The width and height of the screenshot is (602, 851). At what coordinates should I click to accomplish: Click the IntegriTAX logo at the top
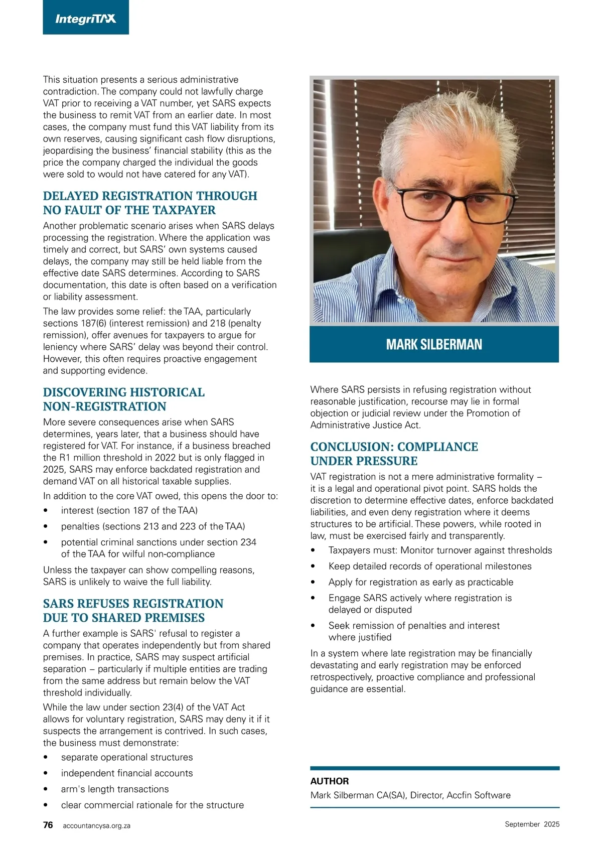coord(86,19)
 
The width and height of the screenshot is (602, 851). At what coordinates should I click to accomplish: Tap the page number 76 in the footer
coord(48,825)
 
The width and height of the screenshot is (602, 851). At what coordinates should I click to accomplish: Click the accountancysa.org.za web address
coord(97,825)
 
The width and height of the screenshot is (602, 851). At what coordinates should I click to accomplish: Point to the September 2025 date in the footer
coord(532,824)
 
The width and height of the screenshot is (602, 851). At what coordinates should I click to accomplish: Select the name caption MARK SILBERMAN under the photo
coord(434,344)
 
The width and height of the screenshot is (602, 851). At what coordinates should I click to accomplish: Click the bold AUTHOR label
coord(330,781)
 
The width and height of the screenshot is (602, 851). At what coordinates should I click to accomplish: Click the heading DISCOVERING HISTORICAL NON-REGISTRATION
coord(124,399)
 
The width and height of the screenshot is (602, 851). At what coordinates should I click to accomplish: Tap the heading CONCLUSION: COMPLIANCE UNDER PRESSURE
coord(394,454)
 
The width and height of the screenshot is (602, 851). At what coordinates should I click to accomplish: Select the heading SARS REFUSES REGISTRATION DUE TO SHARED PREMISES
coord(133,610)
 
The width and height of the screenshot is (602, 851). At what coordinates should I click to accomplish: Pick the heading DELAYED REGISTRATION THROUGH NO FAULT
coord(150,203)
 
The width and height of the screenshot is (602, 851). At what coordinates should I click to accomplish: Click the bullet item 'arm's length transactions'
coord(115,789)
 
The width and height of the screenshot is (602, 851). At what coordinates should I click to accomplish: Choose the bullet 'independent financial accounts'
coord(127,773)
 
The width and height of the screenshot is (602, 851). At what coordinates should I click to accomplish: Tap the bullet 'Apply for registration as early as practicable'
coord(421,582)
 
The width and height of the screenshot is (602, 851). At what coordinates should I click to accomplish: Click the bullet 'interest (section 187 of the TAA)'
coord(129,510)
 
